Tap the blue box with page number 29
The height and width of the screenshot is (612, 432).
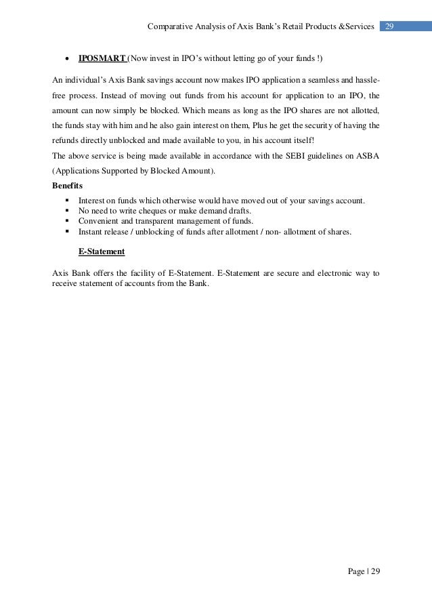point(389,26)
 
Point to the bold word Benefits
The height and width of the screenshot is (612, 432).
point(68,185)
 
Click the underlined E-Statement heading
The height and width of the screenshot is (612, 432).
point(102,251)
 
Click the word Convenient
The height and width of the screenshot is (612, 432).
point(100,221)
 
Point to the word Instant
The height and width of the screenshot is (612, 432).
point(92,232)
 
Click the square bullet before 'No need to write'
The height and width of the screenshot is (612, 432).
point(68,211)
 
